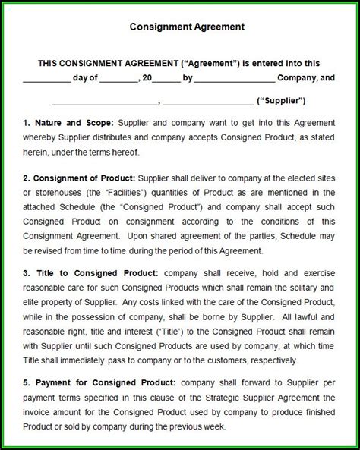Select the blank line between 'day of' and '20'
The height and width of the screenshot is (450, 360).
click(x=117, y=80)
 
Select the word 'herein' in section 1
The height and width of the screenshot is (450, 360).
click(x=36, y=151)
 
